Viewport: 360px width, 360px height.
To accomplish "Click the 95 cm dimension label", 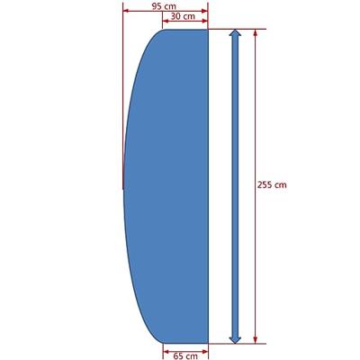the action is click(x=164, y=6).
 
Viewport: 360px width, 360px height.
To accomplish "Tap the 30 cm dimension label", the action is click(x=183, y=16).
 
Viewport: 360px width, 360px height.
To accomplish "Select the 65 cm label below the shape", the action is click(x=185, y=356).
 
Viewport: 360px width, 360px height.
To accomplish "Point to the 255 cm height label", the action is click(x=272, y=184).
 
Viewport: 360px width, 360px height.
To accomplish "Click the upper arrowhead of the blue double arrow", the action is click(x=235, y=32).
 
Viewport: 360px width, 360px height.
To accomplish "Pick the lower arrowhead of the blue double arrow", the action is click(x=235, y=339).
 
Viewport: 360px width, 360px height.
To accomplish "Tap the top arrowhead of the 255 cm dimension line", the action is click(x=256, y=32).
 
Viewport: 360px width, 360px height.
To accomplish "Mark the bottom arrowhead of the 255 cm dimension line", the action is click(x=256, y=339).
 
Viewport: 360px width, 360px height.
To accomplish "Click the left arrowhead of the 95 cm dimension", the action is click(x=126, y=11).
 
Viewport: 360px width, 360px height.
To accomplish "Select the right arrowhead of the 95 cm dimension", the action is click(x=204, y=11).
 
